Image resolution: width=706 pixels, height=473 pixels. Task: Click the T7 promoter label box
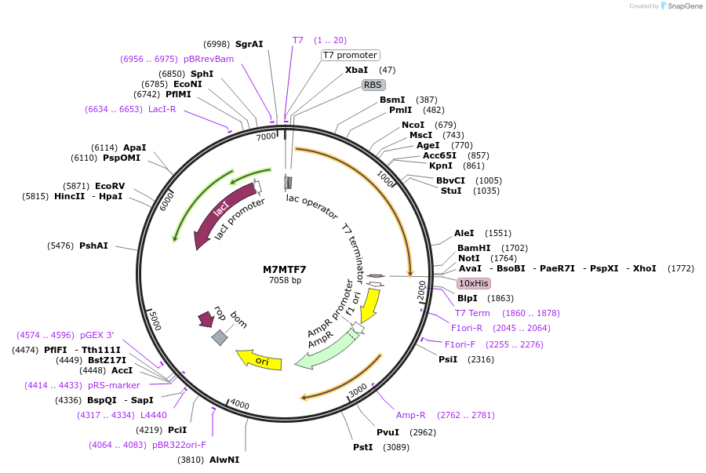(350, 55)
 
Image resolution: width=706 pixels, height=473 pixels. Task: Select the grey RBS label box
(373, 85)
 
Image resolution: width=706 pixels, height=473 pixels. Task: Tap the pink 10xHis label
(474, 283)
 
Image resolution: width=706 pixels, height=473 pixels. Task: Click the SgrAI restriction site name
(249, 44)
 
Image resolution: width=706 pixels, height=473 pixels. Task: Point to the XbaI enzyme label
(356, 70)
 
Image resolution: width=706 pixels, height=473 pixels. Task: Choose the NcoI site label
(413, 125)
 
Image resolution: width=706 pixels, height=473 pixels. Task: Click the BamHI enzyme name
(474, 248)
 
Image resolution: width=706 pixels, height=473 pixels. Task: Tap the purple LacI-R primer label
(162, 109)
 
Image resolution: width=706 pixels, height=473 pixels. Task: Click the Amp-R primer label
(410, 415)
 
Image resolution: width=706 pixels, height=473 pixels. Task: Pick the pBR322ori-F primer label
(179, 445)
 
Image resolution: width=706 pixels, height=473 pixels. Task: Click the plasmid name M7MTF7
(285, 269)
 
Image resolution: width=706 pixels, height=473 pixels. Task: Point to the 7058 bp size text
(285, 280)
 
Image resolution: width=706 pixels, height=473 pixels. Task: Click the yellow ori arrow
(260, 360)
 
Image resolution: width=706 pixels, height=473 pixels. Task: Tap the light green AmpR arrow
(324, 351)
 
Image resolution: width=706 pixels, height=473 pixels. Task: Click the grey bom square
(220, 337)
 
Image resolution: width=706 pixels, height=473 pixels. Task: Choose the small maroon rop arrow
(206, 318)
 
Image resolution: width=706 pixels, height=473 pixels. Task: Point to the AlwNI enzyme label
(224, 460)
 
